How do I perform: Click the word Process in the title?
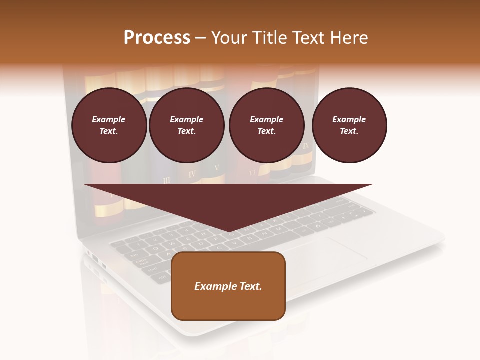click(x=157, y=38)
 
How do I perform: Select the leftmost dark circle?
click(x=109, y=125)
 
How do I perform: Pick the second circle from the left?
click(x=187, y=125)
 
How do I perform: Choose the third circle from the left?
click(x=266, y=125)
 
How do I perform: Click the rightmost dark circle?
click(x=349, y=125)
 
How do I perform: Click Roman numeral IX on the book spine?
click(x=306, y=146)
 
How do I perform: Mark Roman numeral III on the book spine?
click(x=167, y=179)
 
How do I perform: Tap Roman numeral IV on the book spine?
click(x=192, y=174)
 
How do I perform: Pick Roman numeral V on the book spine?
click(x=216, y=168)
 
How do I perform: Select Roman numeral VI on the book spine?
click(x=252, y=172)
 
